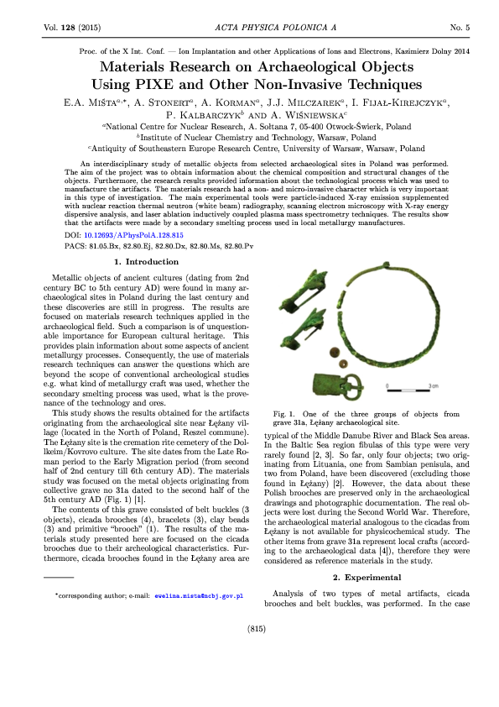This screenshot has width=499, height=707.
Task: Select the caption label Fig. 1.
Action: [288, 414]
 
